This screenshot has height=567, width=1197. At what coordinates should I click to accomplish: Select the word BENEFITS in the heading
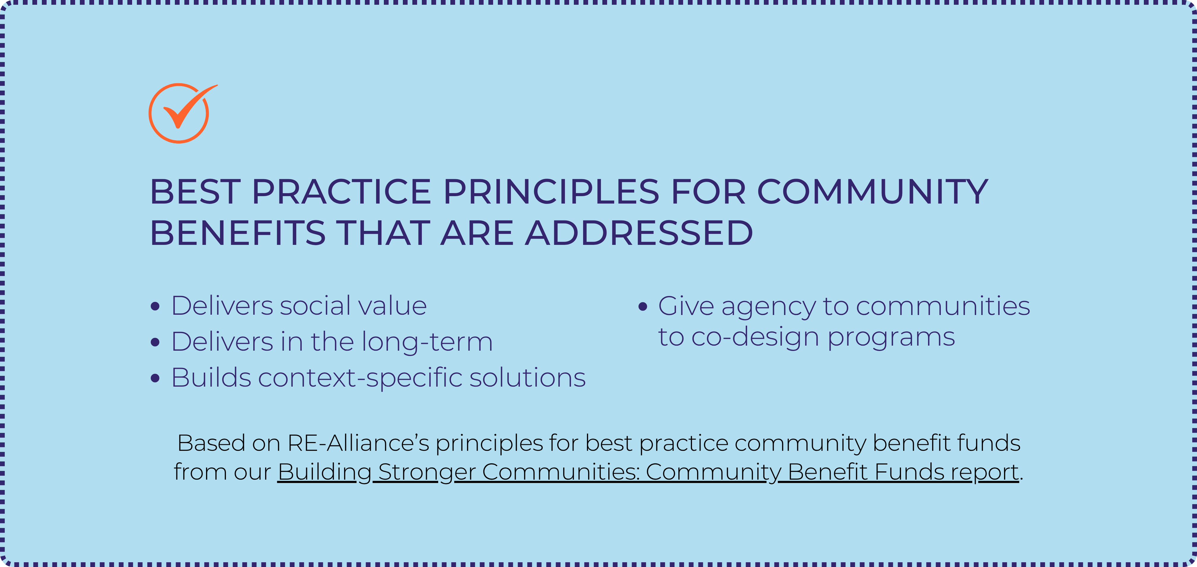pyautogui.click(x=237, y=233)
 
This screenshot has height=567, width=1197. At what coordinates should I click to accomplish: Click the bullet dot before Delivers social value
pyautogui.click(x=155, y=306)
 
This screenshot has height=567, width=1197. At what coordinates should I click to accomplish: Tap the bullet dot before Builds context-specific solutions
pyautogui.click(x=155, y=378)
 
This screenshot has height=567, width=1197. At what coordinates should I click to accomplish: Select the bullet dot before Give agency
pyautogui.click(x=643, y=306)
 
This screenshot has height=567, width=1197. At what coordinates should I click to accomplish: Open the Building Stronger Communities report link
pyautogui.click(x=648, y=472)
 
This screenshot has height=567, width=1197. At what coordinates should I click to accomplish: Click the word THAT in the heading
pyautogui.click(x=383, y=233)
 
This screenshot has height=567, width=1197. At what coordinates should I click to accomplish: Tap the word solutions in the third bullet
pyautogui.click(x=528, y=378)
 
